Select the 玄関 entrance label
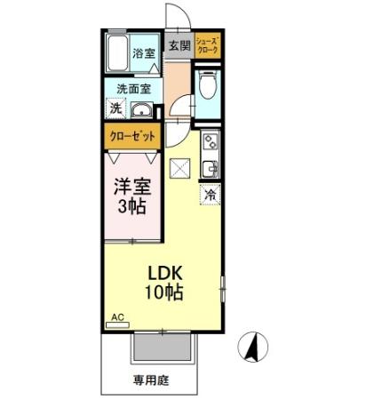[179, 45]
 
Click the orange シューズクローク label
[208, 44]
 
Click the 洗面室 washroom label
[133, 89]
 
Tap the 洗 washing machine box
[115, 108]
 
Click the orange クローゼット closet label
[132, 137]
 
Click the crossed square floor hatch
[180, 167]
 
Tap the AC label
[116, 316]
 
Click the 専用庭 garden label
[151, 380]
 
